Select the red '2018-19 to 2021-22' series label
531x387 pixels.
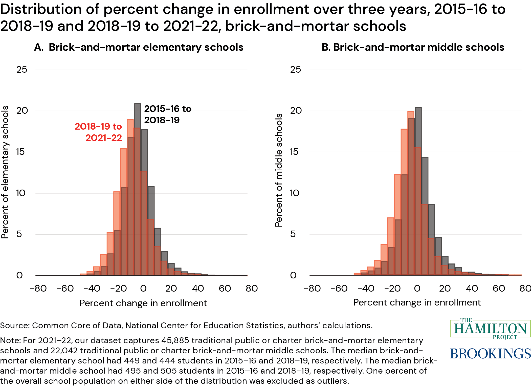pos(99,132)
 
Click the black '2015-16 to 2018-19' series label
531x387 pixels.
pos(168,114)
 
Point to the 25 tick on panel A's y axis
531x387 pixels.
pos(22,70)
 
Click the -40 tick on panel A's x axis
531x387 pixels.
pos(92,288)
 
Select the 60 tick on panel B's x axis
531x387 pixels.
pos(499,288)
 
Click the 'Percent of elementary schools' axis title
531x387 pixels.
pos(5,172)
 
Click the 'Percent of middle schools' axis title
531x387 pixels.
pos(279,170)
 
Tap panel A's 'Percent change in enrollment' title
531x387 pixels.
pos(143,303)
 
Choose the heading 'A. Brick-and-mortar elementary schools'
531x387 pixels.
pos(139,47)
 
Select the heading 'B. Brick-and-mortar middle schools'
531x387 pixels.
pos(413,47)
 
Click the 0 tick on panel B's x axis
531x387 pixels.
pos(417,288)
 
